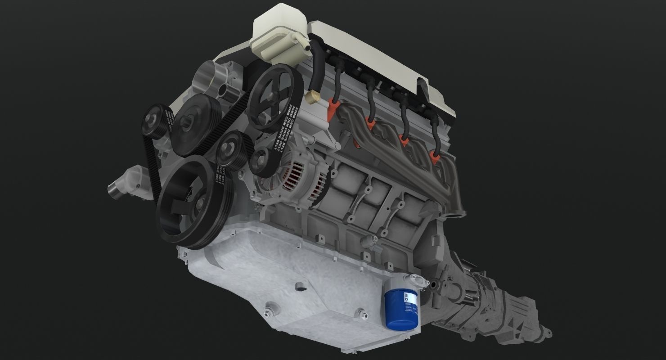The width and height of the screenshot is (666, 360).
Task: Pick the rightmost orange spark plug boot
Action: coord(434,157)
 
